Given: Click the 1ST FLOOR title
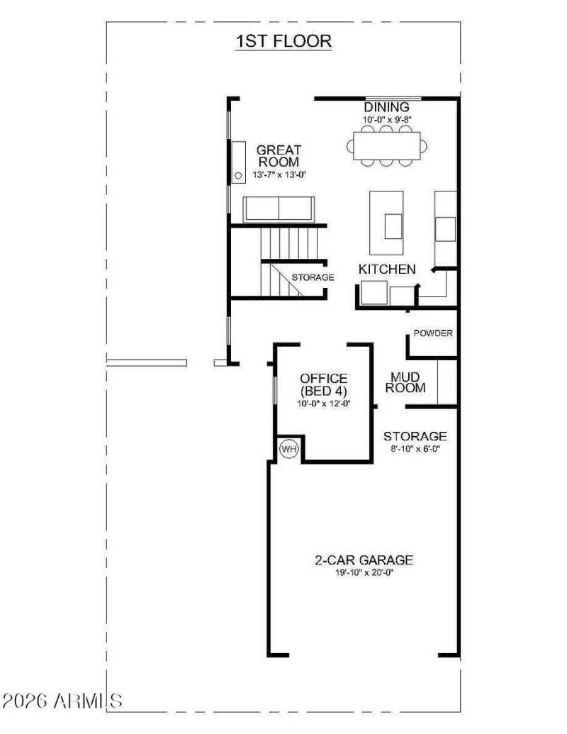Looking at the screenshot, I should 283,41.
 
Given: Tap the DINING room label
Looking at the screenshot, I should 387,108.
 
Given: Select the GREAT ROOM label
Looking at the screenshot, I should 279,156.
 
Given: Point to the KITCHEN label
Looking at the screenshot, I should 386,269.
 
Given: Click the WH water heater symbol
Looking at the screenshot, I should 288,449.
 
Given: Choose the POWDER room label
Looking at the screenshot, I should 433,333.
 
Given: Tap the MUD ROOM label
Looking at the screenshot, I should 408,383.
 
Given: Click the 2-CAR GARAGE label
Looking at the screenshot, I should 364,560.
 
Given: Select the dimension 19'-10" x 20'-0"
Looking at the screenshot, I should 364,572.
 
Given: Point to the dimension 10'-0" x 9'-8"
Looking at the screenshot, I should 387,120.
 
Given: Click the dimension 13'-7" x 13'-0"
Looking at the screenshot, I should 279,174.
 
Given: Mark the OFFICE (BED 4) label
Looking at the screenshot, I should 323,385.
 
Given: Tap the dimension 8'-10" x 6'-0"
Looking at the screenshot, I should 415,449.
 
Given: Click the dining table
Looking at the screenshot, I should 387,145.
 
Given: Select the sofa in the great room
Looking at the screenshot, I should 279,209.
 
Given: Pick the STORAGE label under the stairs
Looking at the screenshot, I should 313,277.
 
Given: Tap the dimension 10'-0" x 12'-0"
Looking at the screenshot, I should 323,404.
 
